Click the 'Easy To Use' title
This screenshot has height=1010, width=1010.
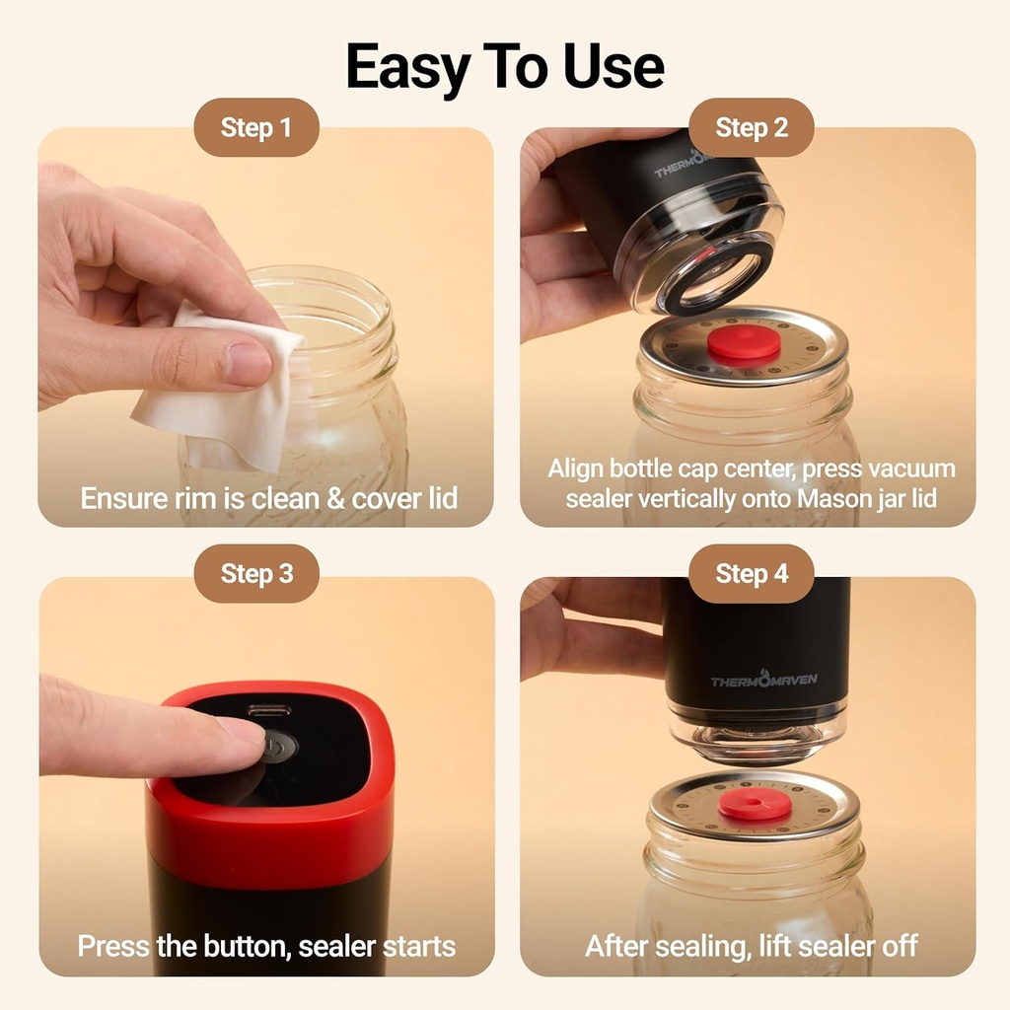tap(505, 67)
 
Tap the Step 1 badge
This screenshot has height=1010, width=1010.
tap(256, 127)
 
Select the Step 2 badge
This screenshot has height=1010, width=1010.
tap(752, 127)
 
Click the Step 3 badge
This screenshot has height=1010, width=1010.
tap(256, 573)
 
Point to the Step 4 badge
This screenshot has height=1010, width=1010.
tap(752, 573)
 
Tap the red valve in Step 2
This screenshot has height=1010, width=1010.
tap(744, 345)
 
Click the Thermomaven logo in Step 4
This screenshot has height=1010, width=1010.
tap(763, 680)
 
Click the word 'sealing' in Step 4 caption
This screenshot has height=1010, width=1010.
tap(694, 947)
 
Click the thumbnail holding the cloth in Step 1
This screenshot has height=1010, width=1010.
tap(248, 365)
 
